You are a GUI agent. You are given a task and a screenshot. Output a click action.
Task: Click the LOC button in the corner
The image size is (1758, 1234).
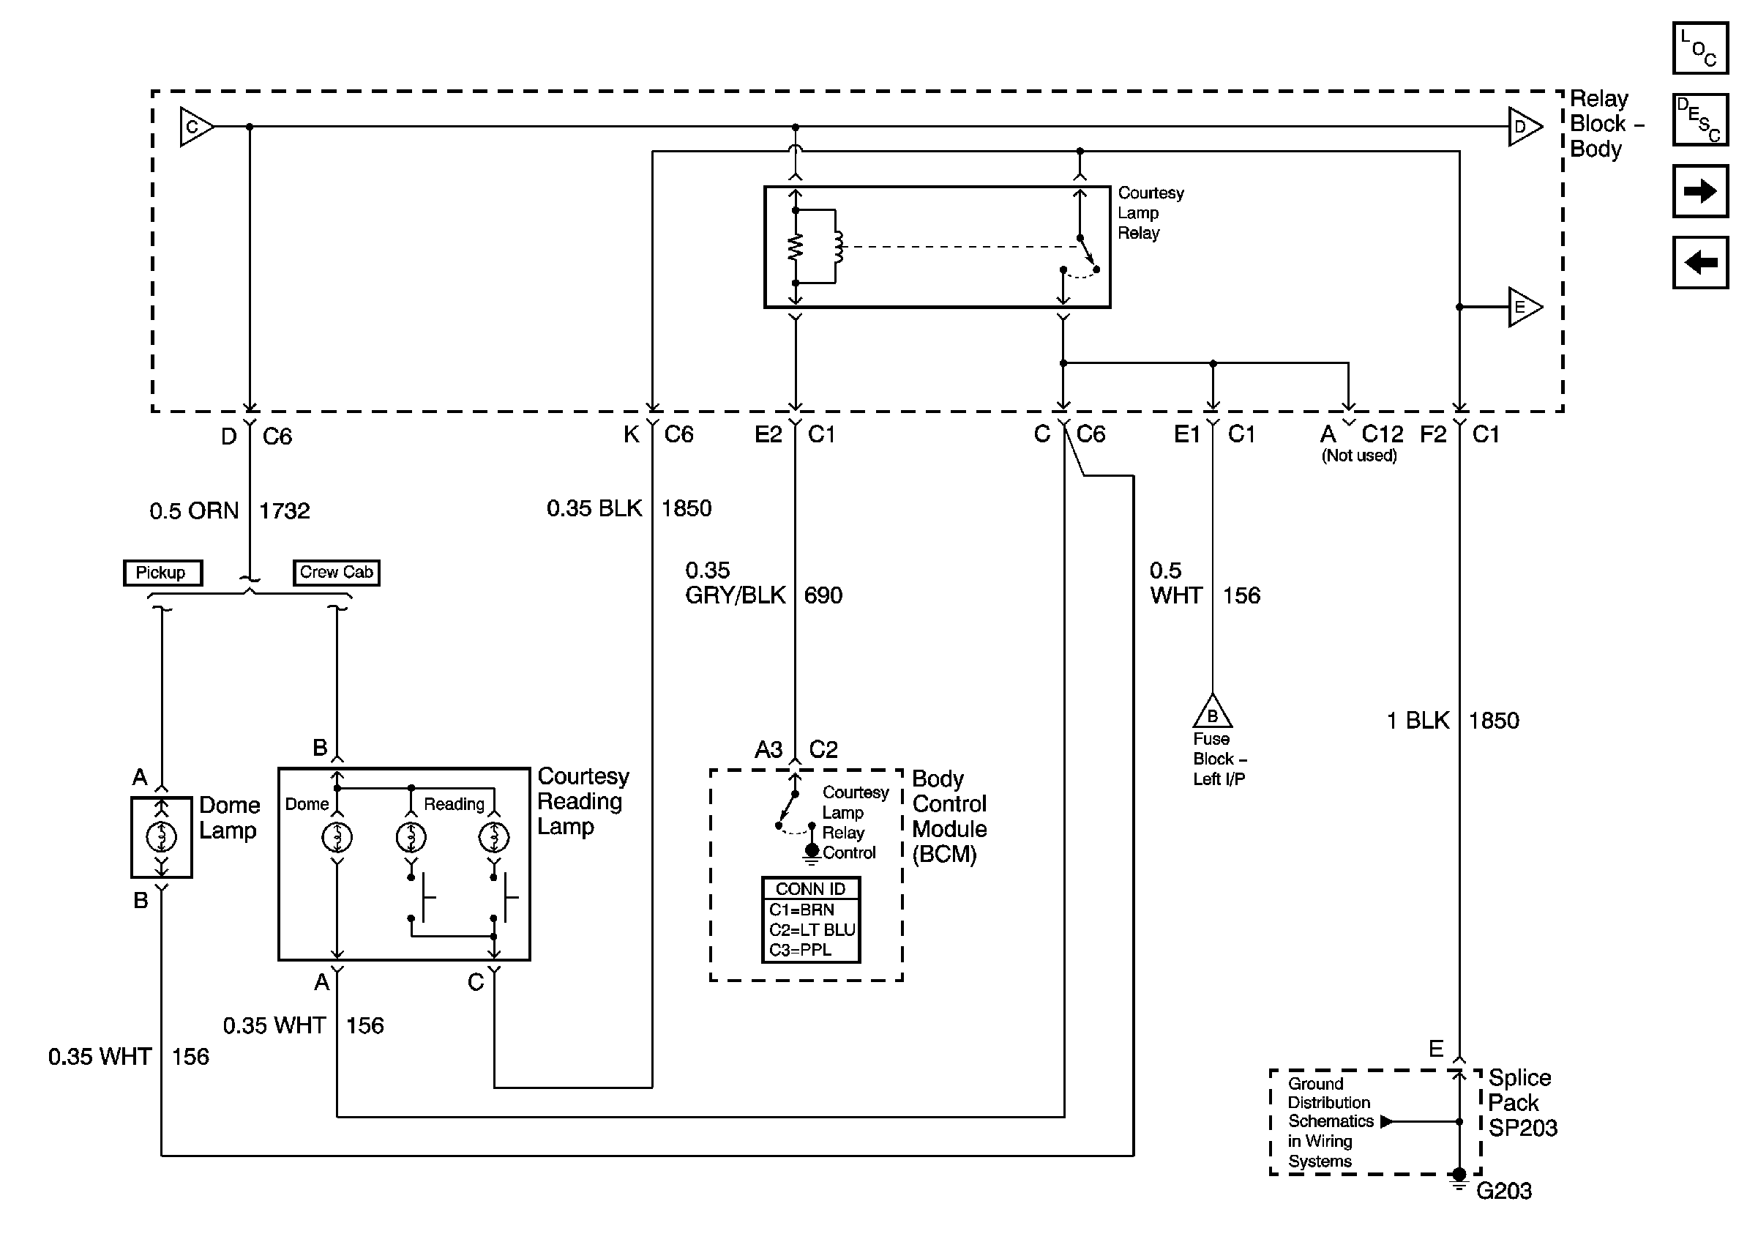[1699, 48]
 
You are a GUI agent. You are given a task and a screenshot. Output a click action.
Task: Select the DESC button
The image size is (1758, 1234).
[1699, 119]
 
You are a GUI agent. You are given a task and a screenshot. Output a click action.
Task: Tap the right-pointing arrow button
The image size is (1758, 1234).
[1699, 190]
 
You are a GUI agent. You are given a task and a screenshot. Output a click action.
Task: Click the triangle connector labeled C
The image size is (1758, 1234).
[195, 127]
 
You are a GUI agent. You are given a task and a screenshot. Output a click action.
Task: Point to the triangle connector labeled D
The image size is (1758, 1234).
[1523, 127]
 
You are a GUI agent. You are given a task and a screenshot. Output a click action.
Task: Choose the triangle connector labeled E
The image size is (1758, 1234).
[1523, 307]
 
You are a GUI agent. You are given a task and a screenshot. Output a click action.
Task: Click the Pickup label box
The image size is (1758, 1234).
[162, 572]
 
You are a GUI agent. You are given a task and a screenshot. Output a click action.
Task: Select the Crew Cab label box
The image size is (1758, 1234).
[336, 572]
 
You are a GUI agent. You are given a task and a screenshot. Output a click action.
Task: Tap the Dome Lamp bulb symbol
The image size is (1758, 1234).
[162, 836]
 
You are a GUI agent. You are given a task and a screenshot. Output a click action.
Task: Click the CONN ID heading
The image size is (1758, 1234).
[810, 888]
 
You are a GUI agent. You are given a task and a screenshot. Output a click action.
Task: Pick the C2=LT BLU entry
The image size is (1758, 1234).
[811, 930]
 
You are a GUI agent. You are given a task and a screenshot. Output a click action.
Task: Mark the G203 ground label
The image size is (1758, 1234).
[1504, 1191]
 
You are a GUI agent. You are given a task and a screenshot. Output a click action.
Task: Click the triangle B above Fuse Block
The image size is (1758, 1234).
[1212, 714]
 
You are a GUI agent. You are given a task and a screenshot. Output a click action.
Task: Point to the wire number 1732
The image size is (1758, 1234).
[284, 511]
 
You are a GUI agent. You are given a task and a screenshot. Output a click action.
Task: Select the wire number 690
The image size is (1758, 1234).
[823, 595]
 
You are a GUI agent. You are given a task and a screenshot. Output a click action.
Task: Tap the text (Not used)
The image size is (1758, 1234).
[1359, 456]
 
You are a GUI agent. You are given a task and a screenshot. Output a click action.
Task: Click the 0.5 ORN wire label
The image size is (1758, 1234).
[194, 511]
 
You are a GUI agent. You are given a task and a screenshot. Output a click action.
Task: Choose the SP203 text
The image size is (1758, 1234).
[1522, 1129]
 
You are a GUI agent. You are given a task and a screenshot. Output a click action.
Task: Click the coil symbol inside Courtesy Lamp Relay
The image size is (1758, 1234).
[839, 247]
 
